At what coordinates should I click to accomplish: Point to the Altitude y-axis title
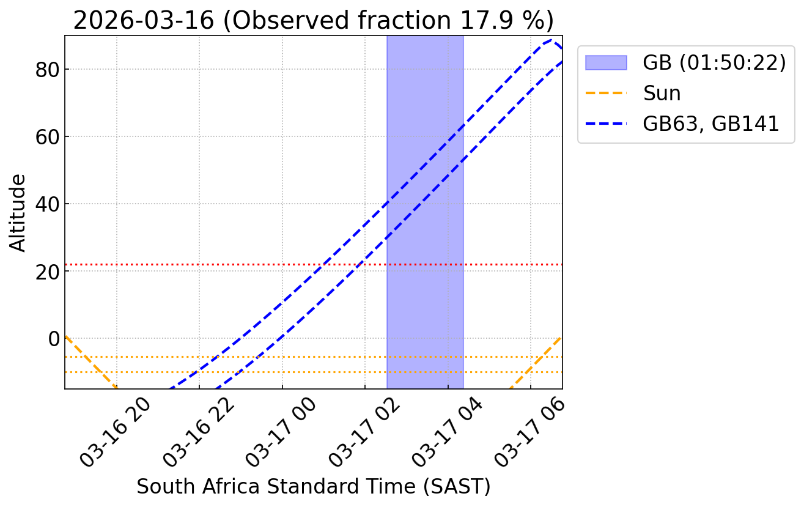click(x=18, y=212)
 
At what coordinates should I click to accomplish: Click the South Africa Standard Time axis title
click(x=313, y=486)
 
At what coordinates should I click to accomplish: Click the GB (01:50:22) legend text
click(x=714, y=62)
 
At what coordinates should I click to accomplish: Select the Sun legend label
click(x=662, y=93)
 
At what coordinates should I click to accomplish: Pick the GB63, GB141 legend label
click(x=711, y=124)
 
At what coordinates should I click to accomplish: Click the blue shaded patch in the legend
click(x=606, y=62)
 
